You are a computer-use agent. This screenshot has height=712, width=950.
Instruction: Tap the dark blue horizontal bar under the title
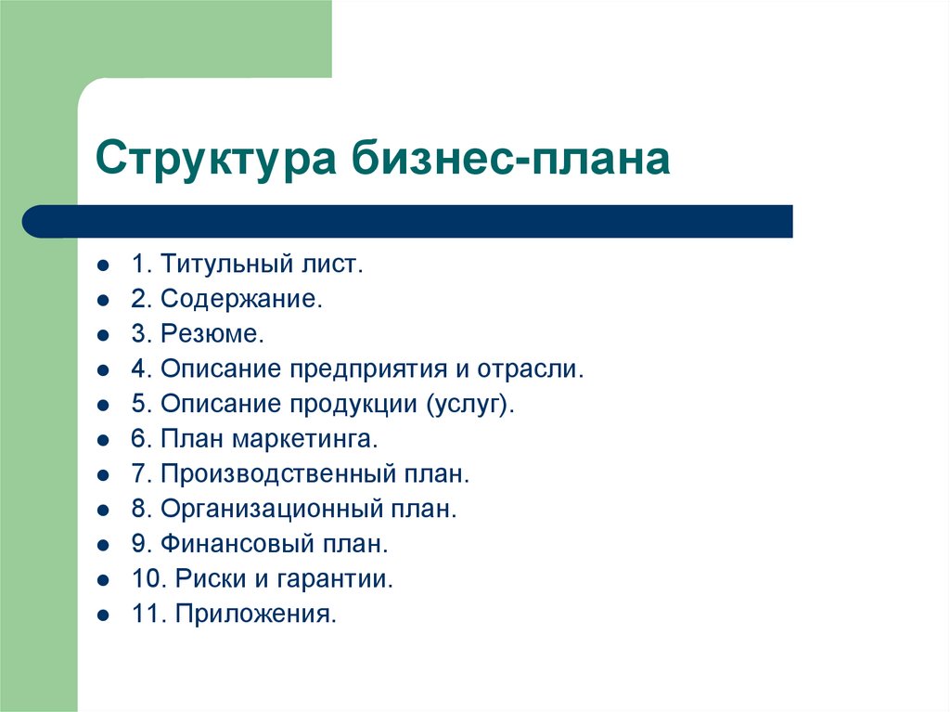pos(408,222)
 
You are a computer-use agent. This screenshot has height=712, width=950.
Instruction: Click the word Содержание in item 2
pos(241,299)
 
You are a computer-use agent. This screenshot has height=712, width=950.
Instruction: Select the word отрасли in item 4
pos(532,369)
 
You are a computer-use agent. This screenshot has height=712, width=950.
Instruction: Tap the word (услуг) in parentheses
pos(469,405)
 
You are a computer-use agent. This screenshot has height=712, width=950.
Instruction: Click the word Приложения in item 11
pos(254,614)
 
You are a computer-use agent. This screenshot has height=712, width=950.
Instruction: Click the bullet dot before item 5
pos(102,405)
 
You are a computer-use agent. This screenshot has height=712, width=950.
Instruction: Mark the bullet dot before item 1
pos(102,265)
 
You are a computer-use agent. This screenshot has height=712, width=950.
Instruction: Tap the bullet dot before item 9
pos(102,545)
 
